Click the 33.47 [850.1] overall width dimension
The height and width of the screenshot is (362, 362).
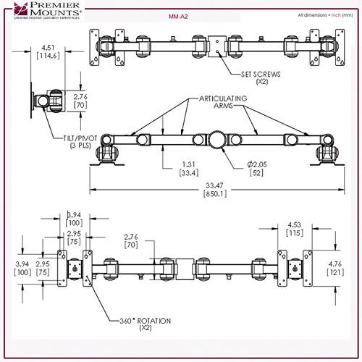[x=214, y=190]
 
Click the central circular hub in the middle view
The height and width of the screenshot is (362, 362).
[x=216, y=138]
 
